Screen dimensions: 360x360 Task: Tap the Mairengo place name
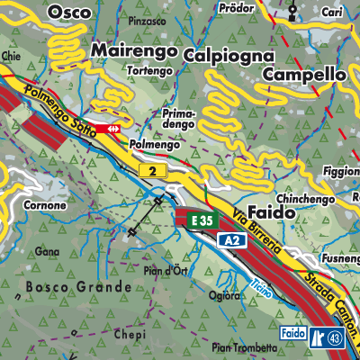132,51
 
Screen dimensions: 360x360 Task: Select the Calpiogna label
229,56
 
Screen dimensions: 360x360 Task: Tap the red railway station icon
112,130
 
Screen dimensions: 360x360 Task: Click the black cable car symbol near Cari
293,12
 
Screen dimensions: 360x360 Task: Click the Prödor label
236,8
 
